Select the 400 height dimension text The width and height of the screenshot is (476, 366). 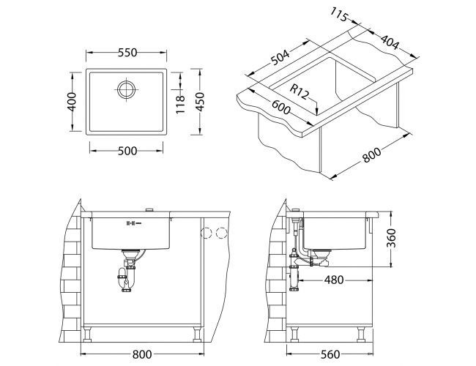71,102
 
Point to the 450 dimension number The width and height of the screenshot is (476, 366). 209,102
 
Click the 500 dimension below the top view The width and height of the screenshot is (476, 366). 126,150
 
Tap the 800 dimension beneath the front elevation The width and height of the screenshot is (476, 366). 141,354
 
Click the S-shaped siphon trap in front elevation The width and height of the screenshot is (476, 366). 127,276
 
